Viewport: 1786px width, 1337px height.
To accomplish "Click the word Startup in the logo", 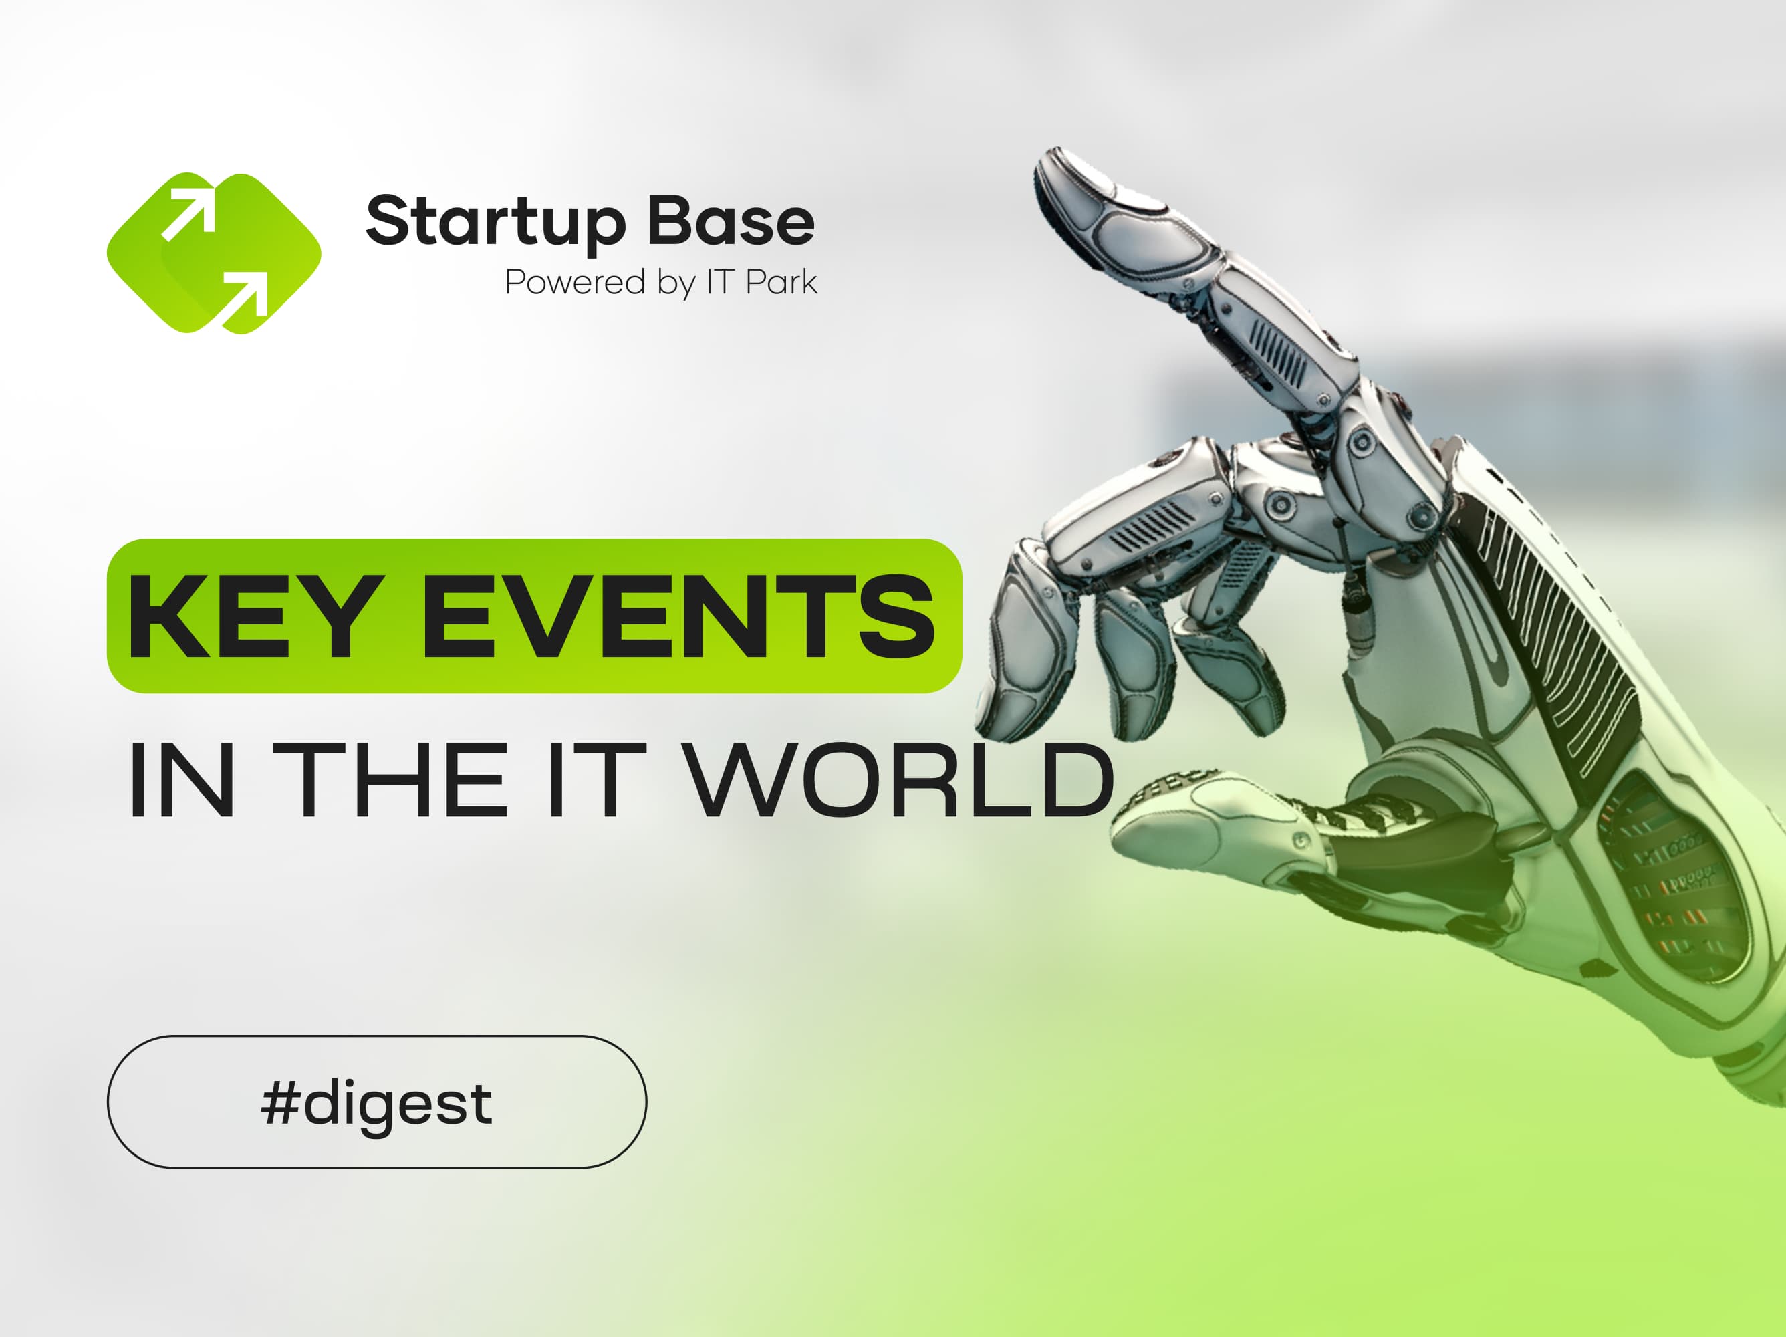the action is coord(496,221).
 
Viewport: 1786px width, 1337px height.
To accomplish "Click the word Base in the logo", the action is coord(731,220).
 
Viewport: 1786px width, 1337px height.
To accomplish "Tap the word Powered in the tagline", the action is coord(576,283).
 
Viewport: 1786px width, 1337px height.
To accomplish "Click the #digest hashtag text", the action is coord(376,1103).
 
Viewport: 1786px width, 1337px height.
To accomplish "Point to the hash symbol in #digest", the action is coord(279,1103).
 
